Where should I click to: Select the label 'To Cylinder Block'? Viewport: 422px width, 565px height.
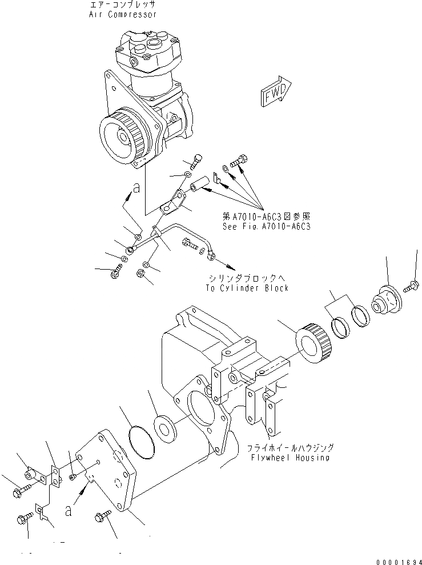pos(247,288)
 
